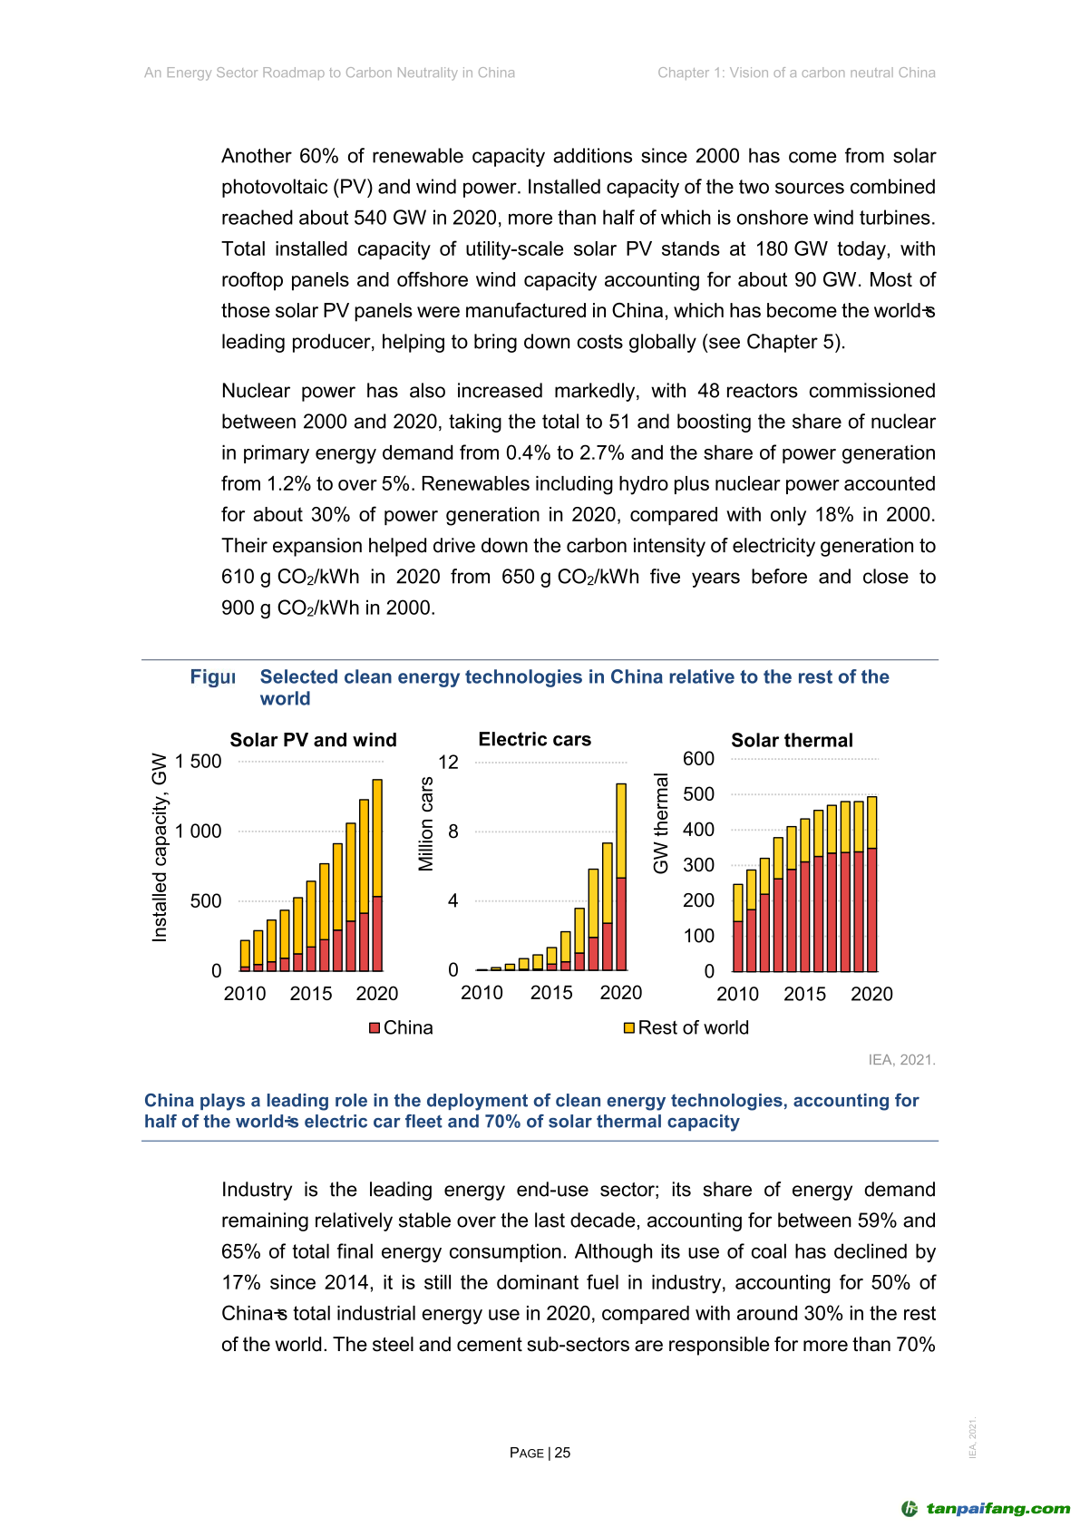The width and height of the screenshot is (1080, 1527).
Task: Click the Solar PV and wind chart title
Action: [313, 740]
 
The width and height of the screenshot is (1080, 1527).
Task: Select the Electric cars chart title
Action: [534, 740]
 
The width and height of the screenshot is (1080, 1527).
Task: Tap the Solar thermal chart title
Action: [792, 741]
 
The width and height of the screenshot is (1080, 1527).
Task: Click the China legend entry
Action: [401, 1027]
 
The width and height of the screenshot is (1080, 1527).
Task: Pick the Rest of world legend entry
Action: [686, 1027]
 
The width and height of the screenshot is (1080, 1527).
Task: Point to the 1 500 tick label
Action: [199, 762]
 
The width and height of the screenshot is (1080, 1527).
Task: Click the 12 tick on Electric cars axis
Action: [449, 762]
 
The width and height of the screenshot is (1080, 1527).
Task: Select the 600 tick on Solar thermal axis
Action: [698, 759]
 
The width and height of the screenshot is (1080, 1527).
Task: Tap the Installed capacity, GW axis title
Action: [160, 847]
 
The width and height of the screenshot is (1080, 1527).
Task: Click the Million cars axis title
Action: [426, 824]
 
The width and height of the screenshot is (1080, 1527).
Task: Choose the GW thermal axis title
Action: [661, 823]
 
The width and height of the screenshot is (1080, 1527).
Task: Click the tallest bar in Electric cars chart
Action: [621, 876]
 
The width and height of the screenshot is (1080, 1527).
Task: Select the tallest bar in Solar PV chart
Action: [377, 874]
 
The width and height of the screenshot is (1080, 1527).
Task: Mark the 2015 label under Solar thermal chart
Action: [804, 995]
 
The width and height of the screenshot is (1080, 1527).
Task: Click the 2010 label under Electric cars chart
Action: [482, 993]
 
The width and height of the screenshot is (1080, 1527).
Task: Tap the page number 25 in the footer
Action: [562, 1453]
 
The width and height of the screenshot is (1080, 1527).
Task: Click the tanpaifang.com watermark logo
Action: [986, 1509]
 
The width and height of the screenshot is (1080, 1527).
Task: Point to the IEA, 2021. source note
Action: [901, 1060]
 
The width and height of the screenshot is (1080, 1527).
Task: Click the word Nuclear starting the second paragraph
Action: [255, 391]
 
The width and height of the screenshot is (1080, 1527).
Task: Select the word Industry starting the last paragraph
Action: [257, 1190]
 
